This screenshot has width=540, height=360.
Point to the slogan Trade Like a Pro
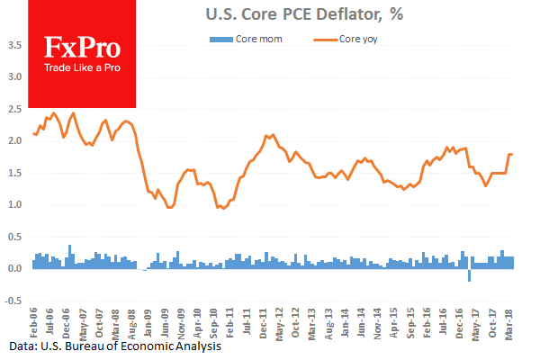[x=81, y=68]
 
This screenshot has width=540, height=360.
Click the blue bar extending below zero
[x=469, y=275]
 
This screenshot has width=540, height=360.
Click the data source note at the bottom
[x=111, y=346]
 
